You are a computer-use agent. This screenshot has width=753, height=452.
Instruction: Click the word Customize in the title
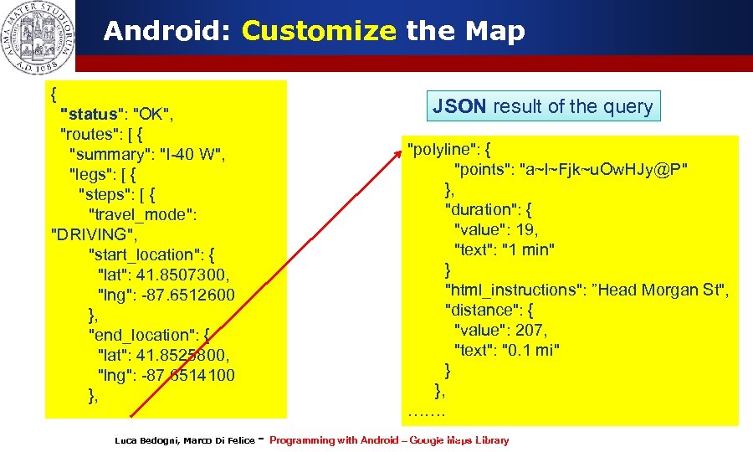[319, 32]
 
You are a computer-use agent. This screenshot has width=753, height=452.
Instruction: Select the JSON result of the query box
[543, 106]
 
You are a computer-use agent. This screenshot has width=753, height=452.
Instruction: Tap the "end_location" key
[143, 335]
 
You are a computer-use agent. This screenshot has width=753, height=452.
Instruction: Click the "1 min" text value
[528, 249]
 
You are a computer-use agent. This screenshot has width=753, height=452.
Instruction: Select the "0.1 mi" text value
[530, 350]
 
